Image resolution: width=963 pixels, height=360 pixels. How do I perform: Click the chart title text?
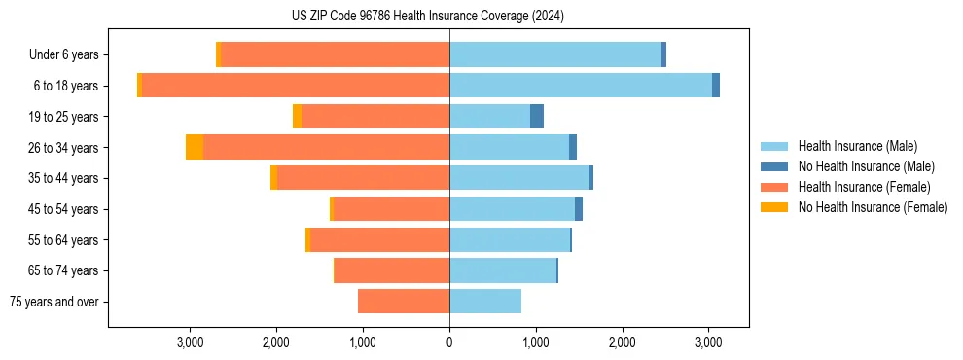click(x=427, y=17)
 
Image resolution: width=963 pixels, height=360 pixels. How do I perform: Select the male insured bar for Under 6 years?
click(x=554, y=54)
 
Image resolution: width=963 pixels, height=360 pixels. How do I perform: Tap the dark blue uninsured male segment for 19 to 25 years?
click(x=537, y=117)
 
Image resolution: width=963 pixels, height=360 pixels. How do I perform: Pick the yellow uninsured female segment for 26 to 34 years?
click(x=195, y=147)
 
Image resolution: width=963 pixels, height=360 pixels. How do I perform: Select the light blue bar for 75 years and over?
click(x=484, y=302)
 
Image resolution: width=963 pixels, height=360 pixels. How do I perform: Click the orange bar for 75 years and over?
click(x=404, y=302)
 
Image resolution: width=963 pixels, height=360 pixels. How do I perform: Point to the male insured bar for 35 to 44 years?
click(x=519, y=178)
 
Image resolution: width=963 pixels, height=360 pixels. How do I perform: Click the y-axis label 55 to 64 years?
click(x=63, y=240)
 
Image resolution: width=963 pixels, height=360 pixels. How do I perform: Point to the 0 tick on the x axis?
click(x=449, y=342)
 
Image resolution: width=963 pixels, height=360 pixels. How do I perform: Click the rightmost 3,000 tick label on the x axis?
click(x=708, y=342)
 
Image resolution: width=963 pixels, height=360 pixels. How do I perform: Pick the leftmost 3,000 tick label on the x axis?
click(x=190, y=342)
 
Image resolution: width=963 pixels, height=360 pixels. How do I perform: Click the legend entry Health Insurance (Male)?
click(x=857, y=146)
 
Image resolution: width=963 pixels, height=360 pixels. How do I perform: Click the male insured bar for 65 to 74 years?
click(x=502, y=270)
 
